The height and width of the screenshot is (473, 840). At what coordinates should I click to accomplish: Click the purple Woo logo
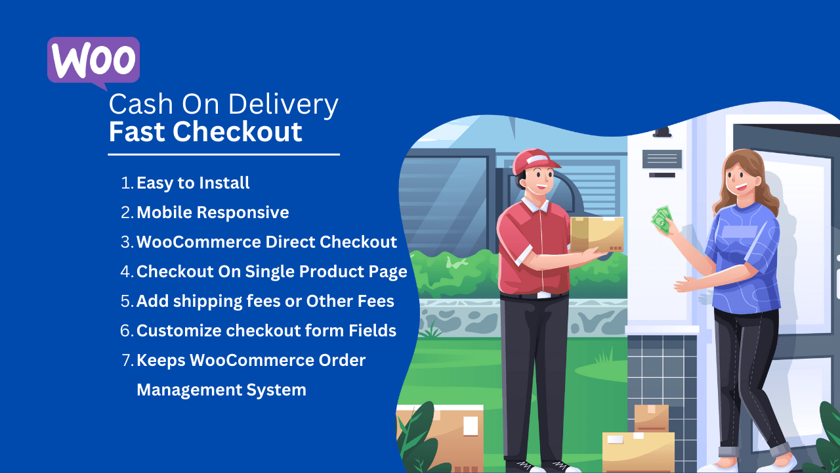click(93, 60)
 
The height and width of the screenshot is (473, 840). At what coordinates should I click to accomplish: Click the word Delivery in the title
click(287, 104)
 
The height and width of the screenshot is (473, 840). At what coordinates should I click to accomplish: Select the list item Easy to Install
click(193, 183)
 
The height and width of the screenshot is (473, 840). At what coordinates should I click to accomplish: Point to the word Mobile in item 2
click(164, 212)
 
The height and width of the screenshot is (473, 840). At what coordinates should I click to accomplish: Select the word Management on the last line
click(178, 390)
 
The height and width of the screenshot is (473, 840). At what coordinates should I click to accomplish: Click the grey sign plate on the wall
click(661, 158)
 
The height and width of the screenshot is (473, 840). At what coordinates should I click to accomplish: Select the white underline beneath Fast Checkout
click(224, 154)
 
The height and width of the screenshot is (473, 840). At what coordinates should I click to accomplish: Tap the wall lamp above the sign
click(661, 132)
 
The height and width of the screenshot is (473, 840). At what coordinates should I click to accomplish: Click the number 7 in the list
click(127, 360)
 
